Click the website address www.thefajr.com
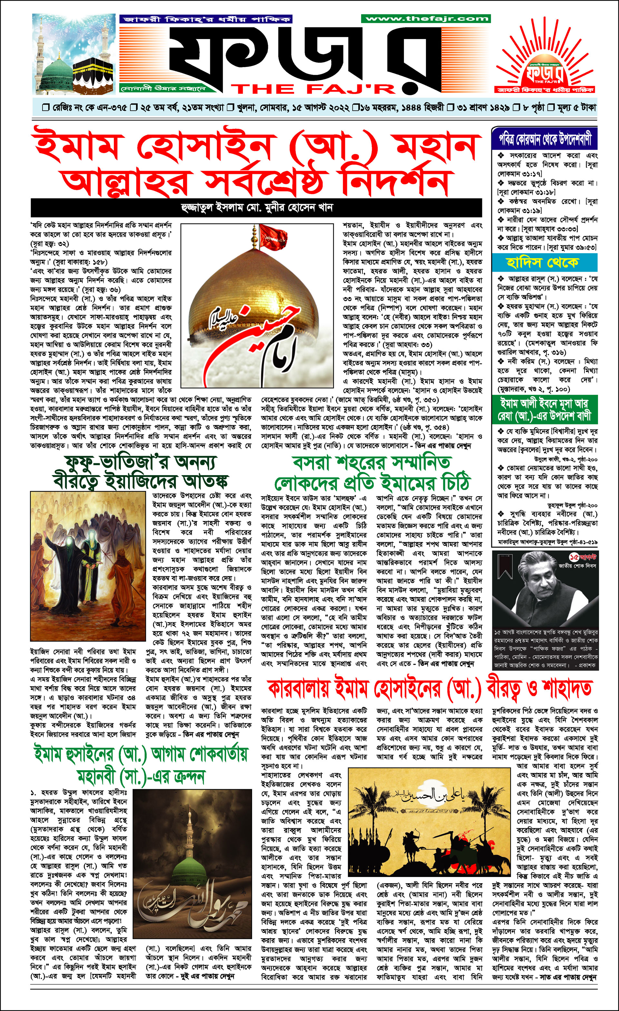tap(426, 18)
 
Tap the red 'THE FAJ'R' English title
tap(314, 89)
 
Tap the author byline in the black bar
tap(256, 208)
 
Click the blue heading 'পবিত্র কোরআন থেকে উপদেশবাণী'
tap(545, 140)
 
